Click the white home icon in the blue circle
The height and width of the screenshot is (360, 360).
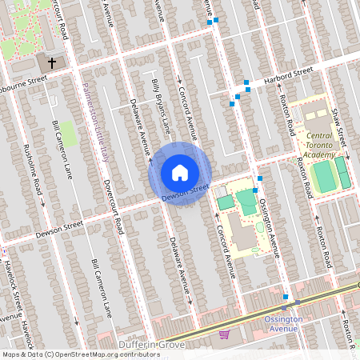(180, 172)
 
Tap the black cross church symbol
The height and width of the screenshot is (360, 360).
(52, 62)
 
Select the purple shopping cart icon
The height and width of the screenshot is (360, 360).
(224, 334)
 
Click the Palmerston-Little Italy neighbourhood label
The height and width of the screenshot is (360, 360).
(94, 120)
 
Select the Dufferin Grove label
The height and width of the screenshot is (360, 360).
(151, 345)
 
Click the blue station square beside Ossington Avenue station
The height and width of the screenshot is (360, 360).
(285, 298)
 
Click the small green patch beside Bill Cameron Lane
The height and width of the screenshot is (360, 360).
(70, 134)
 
